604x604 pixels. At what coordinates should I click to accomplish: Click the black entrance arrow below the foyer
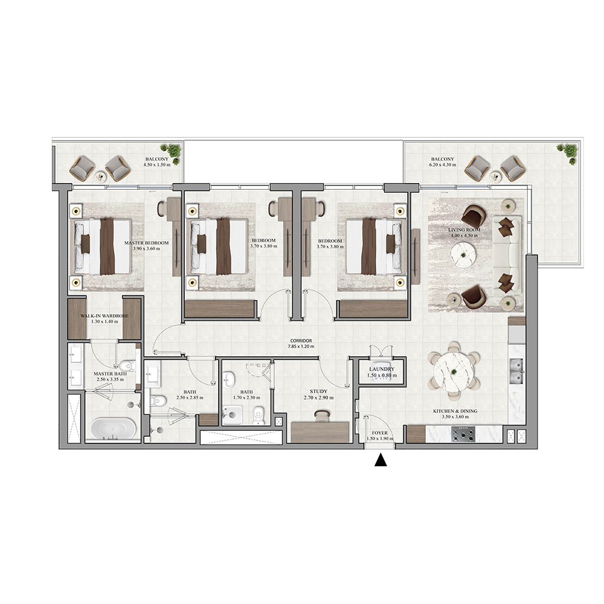pos(380,460)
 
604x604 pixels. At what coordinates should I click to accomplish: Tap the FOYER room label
pos(380,432)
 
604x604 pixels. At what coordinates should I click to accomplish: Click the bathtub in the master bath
pos(113,428)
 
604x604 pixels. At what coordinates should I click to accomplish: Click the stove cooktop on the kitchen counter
pos(463,433)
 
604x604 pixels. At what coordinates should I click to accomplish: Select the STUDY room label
pos(318,391)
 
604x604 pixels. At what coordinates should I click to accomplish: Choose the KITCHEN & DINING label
pos(455,411)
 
